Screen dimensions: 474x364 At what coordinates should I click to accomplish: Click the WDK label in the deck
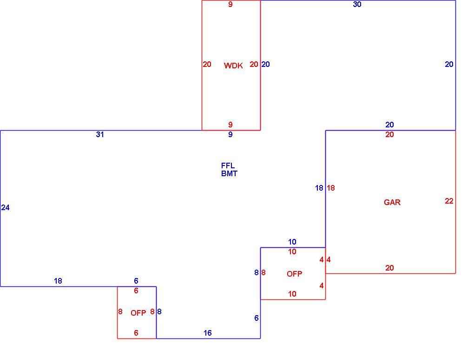tap(233, 66)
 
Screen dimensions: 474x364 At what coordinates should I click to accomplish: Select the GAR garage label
tap(392, 202)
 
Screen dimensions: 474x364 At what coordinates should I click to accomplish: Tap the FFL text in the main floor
tap(228, 165)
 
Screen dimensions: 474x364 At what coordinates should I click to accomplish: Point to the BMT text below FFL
tap(229, 173)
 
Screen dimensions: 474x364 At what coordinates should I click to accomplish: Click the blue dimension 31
tap(100, 134)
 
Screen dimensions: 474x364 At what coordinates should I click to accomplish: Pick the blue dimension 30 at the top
tap(357, 4)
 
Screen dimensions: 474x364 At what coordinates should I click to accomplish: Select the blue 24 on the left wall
tap(5, 207)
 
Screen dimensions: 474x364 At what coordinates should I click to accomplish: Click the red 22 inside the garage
tap(449, 201)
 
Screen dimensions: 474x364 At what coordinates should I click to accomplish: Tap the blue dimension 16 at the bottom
tap(207, 333)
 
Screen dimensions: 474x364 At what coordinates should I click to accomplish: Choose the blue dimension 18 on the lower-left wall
tap(58, 281)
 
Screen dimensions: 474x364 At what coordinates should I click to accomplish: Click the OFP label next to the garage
tap(294, 274)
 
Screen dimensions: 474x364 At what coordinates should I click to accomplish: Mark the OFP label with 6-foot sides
tap(138, 313)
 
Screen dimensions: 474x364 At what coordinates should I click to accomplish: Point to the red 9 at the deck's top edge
tap(230, 4)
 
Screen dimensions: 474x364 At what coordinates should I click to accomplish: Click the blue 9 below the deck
tap(230, 134)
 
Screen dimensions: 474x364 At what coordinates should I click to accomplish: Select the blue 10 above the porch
tap(292, 242)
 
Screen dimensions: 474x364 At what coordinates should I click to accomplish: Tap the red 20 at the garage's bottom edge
tap(389, 268)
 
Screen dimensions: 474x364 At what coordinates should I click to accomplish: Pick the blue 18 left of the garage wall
tap(319, 188)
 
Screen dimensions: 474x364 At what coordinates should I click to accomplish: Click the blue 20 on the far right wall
tap(449, 65)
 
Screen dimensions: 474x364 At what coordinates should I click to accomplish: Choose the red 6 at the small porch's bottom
tap(136, 333)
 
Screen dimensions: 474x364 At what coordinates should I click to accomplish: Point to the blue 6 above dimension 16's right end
tap(257, 318)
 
